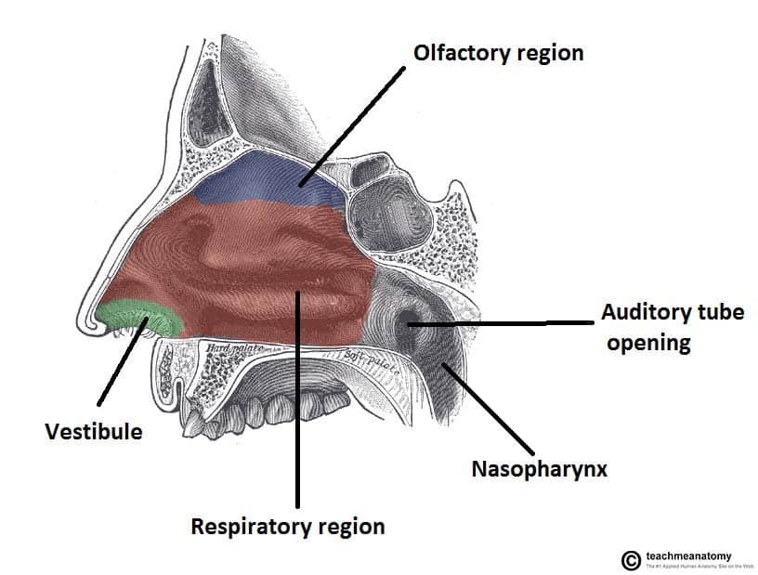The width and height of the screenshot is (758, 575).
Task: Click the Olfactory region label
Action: [x=498, y=52]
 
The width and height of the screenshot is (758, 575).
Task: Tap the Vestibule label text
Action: [x=94, y=432]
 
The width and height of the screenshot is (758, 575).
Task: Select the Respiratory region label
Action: [x=287, y=527]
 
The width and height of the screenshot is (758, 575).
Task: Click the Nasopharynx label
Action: [x=538, y=468]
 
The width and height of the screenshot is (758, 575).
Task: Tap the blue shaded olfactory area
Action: [x=269, y=181]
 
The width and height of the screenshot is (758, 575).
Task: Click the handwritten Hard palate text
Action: [x=231, y=348]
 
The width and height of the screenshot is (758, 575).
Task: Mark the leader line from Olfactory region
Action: [x=354, y=125]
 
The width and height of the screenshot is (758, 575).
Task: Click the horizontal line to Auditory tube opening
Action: [x=502, y=323]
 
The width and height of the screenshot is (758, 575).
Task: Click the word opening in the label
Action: [x=648, y=343]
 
